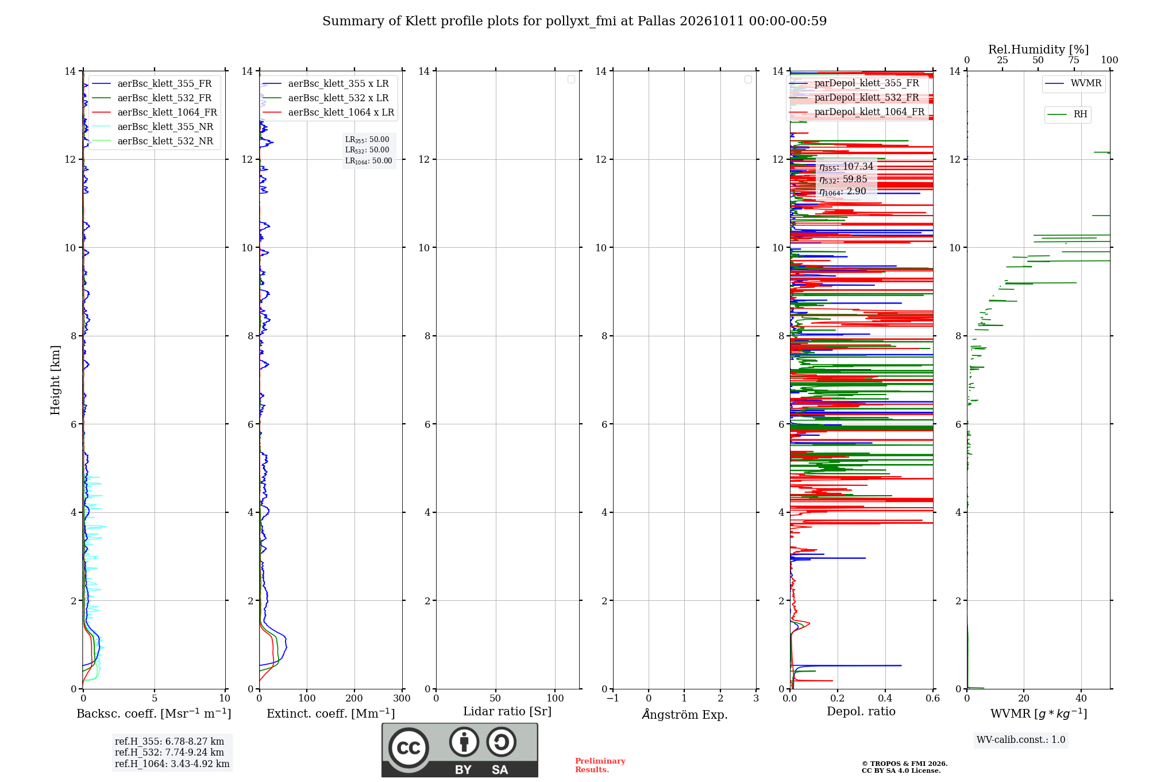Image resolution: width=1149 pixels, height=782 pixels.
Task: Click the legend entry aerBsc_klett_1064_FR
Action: [154, 112]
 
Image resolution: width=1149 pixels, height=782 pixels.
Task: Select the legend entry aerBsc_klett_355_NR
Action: [152, 126]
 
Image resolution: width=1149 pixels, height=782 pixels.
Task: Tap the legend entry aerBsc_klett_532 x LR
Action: [325, 98]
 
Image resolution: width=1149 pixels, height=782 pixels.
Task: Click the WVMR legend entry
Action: [1073, 83]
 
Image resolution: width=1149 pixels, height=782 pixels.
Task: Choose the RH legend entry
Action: [1067, 114]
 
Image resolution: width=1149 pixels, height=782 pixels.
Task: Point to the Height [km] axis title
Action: [55, 380]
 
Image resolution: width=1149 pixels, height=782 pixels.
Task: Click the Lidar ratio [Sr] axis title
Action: [507, 711]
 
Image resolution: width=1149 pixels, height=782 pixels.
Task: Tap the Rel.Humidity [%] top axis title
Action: [1038, 49]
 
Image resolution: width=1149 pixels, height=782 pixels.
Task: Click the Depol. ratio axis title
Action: [861, 711]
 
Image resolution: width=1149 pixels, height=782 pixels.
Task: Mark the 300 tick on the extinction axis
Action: [402, 698]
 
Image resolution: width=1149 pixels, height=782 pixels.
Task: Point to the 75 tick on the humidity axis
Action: [1074, 60]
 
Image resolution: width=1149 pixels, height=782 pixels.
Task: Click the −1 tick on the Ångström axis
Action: [613, 698]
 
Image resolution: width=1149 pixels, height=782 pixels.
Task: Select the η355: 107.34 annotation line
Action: [846, 167]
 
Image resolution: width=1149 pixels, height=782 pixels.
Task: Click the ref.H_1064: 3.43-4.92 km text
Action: [172, 764]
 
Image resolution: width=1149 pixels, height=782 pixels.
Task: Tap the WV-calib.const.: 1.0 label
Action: [1021, 739]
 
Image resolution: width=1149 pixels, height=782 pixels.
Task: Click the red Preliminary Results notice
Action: [600, 765]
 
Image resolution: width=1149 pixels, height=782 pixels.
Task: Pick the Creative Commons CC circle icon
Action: [408, 748]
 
